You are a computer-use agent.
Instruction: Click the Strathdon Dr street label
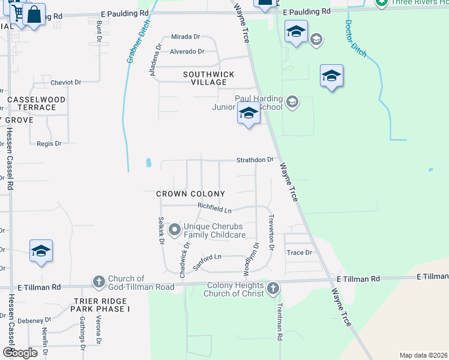(x=255, y=160)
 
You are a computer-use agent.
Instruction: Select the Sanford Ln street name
(x=207, y=260)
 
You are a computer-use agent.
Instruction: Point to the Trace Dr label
(x=299, y=253)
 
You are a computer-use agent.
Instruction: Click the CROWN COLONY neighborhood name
(x=190, y=194)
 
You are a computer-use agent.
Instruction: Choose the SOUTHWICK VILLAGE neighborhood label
(x=208, y=79)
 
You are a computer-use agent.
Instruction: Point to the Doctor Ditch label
(x=356, y=38)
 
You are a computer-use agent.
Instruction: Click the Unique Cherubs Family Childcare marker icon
(x=174, y=230)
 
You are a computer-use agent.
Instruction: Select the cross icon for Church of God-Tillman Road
(x=98, y=281)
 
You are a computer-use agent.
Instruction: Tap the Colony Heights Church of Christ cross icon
(x=273, y=289)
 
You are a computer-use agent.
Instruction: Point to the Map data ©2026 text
(x=423, y=355)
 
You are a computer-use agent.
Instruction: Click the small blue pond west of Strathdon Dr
(x=148, y=163)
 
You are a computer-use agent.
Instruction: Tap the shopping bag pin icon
(x=35, y=14)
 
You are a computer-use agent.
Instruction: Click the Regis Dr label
(x=49, y=143)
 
